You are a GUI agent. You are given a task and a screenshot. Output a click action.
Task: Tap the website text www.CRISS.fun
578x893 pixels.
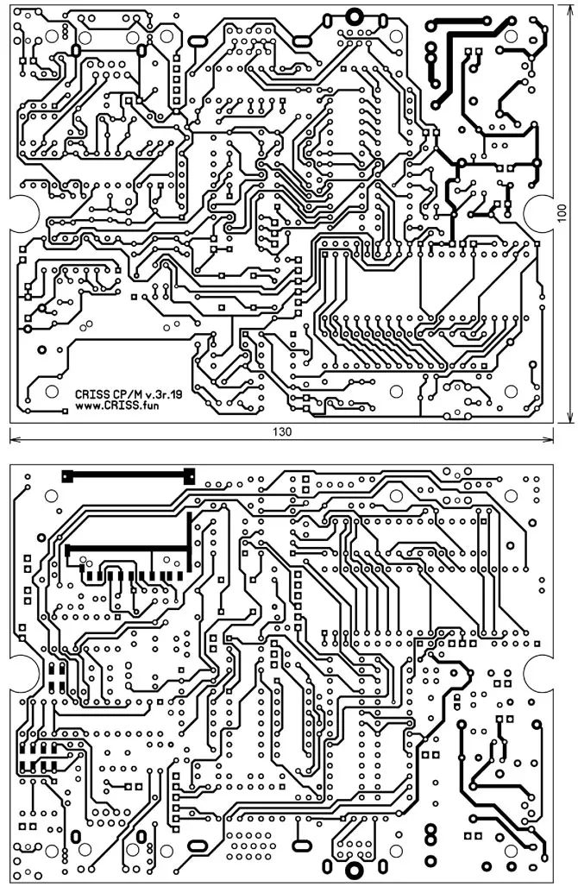coord(116,406)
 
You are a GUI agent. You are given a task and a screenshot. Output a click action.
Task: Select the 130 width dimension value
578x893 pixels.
coord(282,431)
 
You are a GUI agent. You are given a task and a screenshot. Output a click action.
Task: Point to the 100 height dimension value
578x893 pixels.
coord(562,213)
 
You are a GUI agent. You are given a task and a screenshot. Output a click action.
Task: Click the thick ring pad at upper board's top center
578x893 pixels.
coord(355,16)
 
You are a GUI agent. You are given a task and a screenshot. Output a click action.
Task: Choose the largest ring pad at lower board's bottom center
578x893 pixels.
coord(355,871)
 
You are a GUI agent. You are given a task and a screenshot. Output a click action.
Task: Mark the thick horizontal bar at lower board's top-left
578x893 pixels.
coord(129,475)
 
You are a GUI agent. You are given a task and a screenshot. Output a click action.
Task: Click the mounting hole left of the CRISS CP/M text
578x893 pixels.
coord(52,392)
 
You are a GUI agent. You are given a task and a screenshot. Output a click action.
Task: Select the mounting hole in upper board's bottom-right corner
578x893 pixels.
coord(511,392)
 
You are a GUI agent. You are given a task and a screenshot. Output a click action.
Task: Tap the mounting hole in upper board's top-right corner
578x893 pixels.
coord(511,36)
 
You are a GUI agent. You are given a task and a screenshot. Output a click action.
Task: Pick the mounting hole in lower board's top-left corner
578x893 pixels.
coord(52,496)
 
